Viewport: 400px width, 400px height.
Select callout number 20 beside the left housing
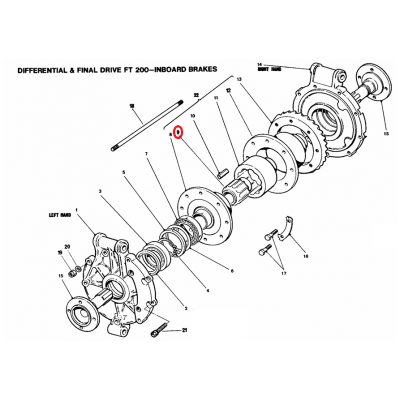[67, 246]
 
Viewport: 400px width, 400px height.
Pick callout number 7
[146, 153]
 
